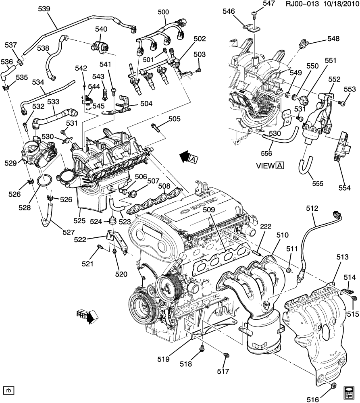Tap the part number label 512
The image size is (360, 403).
(x=312, y=208)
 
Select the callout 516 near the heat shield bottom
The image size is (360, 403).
(x=313, y=399)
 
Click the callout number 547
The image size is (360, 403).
(x=268, y=4)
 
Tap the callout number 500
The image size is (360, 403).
(x=163, y=12)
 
